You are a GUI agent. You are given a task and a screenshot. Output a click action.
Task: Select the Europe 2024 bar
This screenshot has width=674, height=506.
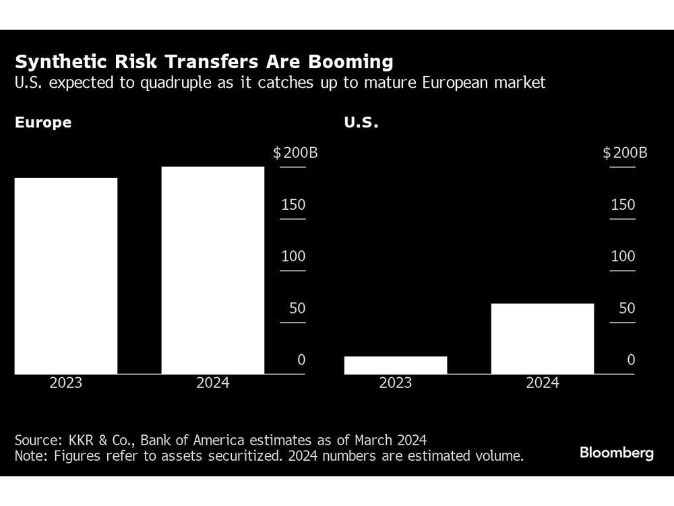tap(213, 270)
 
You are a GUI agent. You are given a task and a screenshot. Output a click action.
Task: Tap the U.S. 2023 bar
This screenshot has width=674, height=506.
tap(396, 364)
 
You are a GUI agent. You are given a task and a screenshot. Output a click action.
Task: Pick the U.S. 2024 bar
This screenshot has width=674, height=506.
tap(543, 338)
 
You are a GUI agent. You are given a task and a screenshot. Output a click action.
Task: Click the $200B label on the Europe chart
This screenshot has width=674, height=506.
tap(295, 152)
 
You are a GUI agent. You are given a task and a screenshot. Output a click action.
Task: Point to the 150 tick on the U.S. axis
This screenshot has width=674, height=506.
tap(623, 204)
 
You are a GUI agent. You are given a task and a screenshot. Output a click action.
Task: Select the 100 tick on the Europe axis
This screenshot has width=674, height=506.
tap(293, 256)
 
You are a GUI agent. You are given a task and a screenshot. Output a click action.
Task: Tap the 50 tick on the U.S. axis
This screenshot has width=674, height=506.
tap(627, 308)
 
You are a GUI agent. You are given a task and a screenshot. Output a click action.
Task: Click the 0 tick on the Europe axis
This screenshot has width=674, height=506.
tap(301, 360)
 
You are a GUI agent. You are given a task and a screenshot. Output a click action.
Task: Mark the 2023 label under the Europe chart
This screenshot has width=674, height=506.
tap(66, 383)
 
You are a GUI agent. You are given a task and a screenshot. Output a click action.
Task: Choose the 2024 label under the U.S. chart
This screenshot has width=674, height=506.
tap(543, 383)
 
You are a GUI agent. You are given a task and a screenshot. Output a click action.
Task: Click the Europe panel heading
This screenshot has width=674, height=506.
tap(43, 123)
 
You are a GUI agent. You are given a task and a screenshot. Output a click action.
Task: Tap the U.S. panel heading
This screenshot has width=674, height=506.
tap(361, 123)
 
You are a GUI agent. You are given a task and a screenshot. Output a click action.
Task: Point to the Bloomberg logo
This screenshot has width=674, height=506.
tap(616, 453)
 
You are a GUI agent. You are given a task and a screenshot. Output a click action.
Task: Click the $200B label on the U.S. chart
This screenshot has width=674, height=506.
tap(624, 152)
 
